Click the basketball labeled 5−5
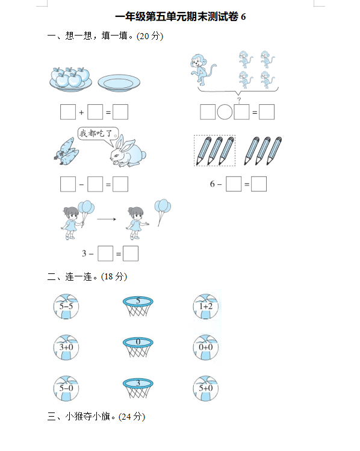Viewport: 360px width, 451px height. tap(66, 306)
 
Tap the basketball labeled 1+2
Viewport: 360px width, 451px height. tap(206, 306)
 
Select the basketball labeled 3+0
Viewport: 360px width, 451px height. tap(66, 347)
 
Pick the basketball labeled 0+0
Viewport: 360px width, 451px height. tap(206, 347)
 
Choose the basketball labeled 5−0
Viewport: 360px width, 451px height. tap(66, 388)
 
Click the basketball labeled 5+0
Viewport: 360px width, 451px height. tap(206, 388)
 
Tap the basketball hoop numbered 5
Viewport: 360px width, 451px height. tap(138, 306)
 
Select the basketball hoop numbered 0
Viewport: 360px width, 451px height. tap(138, 347)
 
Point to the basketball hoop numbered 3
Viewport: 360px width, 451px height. tap(138, 388)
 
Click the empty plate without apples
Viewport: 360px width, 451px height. tap(119, 83)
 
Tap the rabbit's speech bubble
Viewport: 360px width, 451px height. tap(98, 134)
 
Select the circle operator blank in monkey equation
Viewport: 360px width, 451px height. tap(225, 112)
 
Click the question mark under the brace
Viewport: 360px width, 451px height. tap(239, 100)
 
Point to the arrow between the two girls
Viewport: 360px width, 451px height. tap(107, 219)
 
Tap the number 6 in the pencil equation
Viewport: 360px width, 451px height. tap(212, 184)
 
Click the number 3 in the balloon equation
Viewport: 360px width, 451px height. tap(84, 253)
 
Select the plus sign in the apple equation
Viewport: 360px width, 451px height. tap(81, 113)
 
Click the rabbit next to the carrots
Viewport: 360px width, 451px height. tap(128, 151)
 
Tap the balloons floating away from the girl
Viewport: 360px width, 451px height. tap(162, 212)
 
